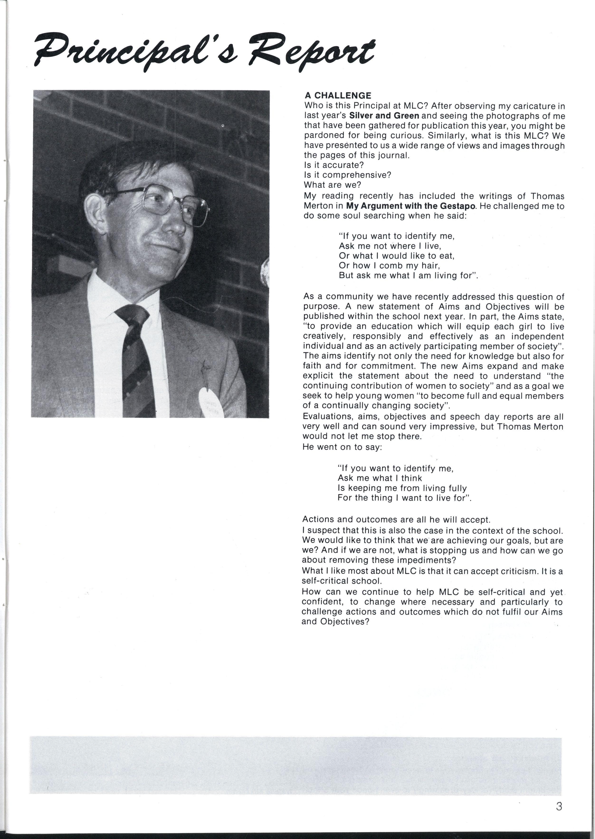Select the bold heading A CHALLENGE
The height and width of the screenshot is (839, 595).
click(x=338, y=96)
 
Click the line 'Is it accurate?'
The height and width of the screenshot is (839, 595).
click(x=334, y=165)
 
